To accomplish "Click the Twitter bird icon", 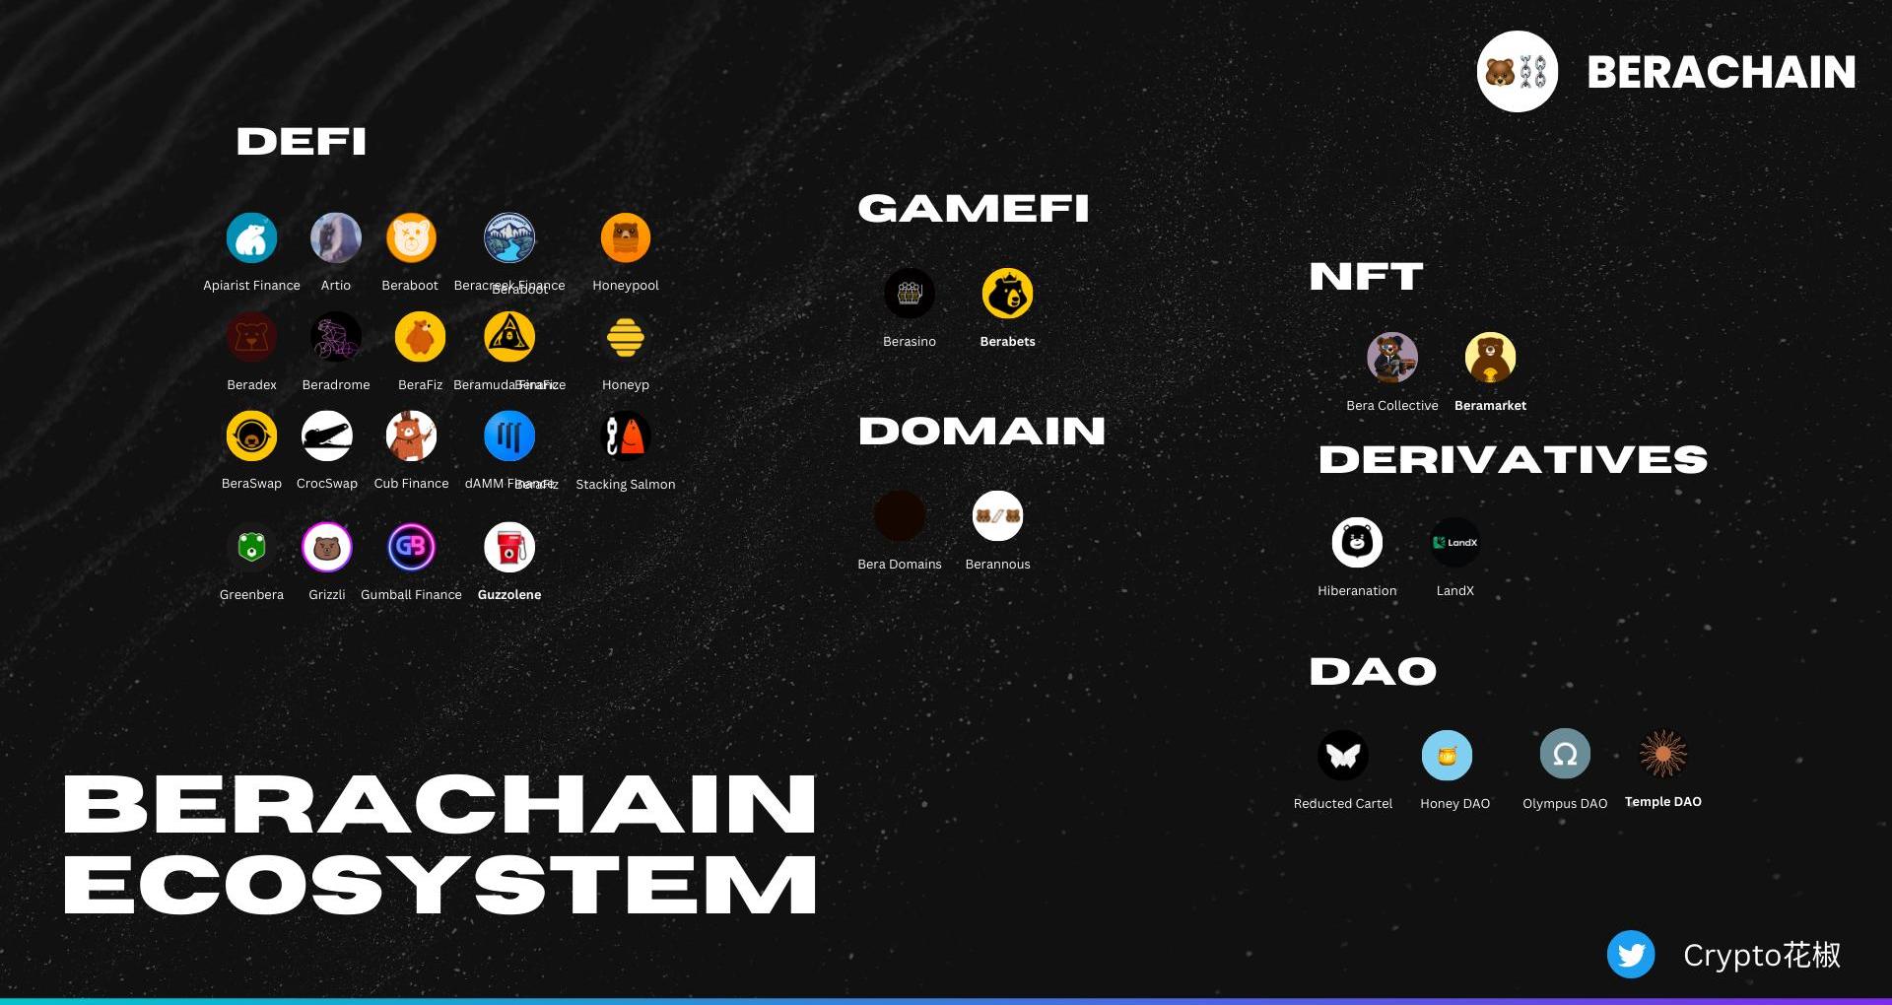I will [x=1631, y=954].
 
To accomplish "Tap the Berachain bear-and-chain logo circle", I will [x=1517, y=72].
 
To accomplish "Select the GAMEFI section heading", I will [x=973, y=209].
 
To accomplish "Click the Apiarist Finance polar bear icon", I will [x=251, y=238].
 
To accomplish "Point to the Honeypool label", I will [x=625, y=286].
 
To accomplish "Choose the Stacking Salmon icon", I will [x=625, y=436].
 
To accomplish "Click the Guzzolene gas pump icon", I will [x=509, y=548].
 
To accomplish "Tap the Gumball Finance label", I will [x=411, y=595].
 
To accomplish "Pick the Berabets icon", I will [x=1007, y=294].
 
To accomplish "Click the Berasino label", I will [x=909, y=342].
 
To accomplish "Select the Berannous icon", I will [x=997, y=516].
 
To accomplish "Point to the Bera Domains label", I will [x=899, y=565].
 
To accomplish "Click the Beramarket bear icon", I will [x=1490, y=358].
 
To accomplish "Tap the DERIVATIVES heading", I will [x=1513, y=460].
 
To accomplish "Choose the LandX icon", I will [x=1454, y=543].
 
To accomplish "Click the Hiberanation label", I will [x=1357, y=591].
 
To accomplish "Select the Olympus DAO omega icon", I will [x=1565, y=755].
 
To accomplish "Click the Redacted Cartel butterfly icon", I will [x=1343, y=756].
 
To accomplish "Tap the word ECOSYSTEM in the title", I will [x=439, y=885].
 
